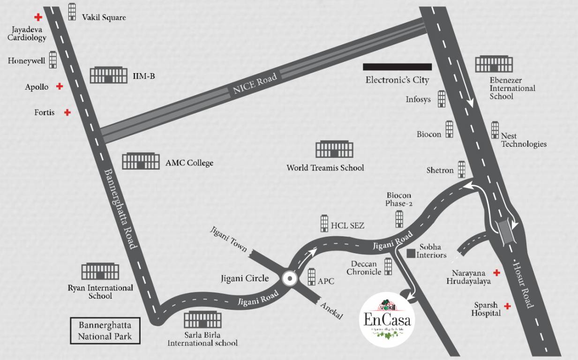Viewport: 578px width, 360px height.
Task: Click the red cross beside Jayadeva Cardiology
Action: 38,17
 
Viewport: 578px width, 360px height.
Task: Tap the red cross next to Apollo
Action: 60,86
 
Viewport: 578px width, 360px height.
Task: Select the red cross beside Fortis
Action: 68,112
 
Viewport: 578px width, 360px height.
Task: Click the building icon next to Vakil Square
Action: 72,12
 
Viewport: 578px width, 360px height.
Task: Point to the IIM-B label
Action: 144,75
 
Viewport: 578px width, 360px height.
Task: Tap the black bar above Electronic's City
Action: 397,67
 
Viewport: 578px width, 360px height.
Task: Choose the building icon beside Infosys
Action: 441,99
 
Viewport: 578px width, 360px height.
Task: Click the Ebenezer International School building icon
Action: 494,64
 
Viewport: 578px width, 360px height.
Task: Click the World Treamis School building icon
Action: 334,150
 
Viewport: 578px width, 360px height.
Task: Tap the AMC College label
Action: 189,163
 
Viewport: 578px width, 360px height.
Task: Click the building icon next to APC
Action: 312,277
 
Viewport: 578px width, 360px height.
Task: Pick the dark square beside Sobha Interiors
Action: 411,254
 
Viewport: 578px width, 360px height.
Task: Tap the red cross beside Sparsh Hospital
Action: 507,306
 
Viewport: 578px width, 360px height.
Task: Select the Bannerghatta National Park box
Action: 105,330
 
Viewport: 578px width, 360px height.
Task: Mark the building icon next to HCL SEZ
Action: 324,223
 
